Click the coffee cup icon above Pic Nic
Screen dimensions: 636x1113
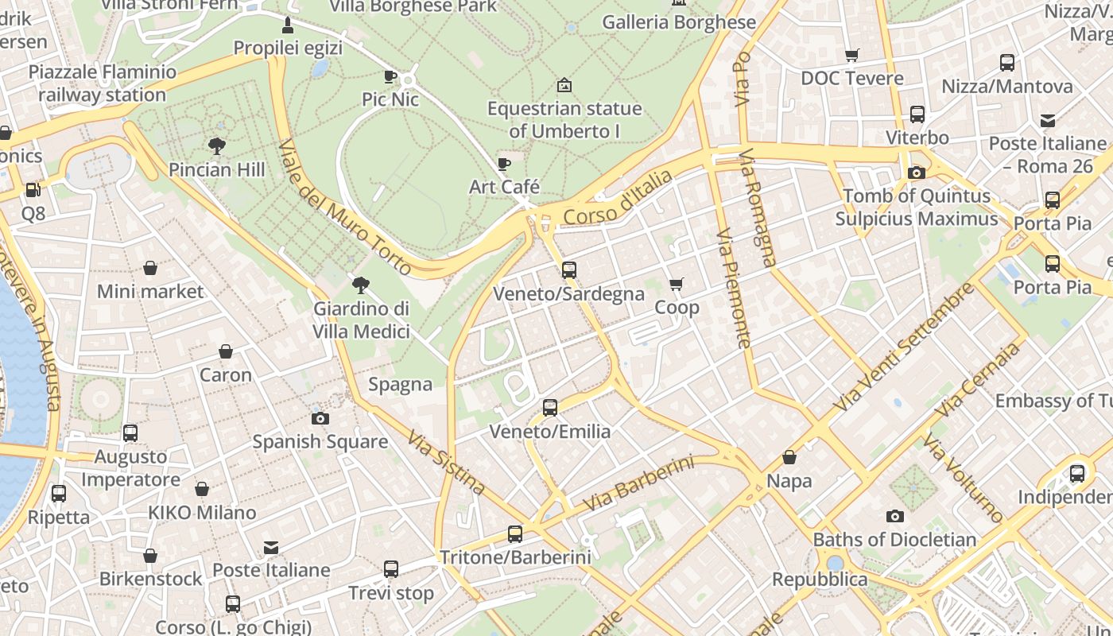click(x=390, y=76)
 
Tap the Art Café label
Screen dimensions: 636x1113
click(x=504, y=187)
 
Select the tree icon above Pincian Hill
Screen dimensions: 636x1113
click(x=216, y=145)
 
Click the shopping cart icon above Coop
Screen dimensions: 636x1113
click(x=677, y=284)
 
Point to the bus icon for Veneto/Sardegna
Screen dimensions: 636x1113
click(x=569, y=270)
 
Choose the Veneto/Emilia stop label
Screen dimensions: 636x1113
click(x=550, y=432)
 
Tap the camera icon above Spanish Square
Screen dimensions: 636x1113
click(x=320, y=418)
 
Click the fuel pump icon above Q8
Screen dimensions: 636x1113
click(x=33, y=190)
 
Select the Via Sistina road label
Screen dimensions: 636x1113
click(x=446, y=462)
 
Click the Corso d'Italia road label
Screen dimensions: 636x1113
click(x=617, y=198)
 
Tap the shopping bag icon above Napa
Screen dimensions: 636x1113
click(x=789, y=458)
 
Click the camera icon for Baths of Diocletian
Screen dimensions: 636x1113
click(x=895, y=517)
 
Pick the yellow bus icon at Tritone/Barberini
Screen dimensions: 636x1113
click(x=515, y=534)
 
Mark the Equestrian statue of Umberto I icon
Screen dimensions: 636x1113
click(x=564, y=84)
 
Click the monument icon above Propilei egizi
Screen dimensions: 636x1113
click(x=288, y=25)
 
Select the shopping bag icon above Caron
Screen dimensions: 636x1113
click(x=226, y=351)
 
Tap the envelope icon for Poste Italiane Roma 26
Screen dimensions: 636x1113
click(x=1048, y=121)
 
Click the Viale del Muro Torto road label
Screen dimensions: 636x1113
click(x=345, y=207)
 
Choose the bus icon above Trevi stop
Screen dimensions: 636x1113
click(x=391, y=569)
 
